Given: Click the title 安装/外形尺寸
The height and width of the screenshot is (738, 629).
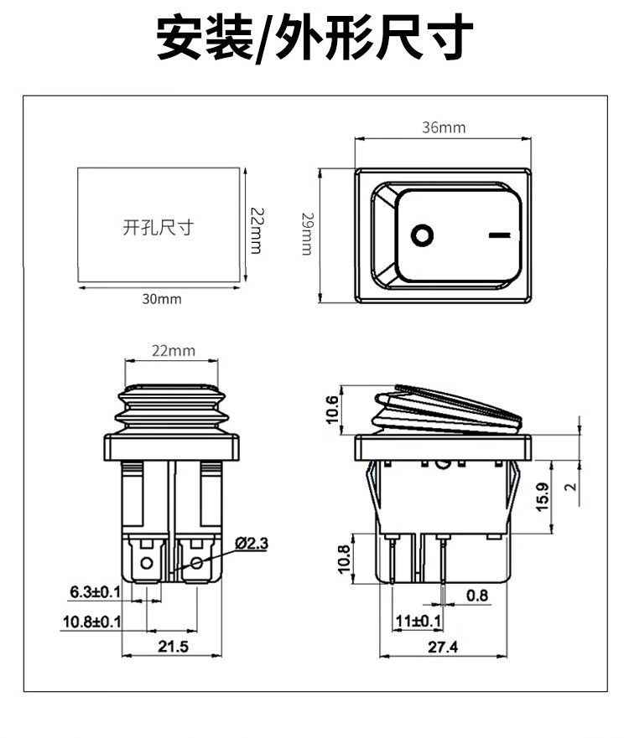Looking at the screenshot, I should (x=314, y=39).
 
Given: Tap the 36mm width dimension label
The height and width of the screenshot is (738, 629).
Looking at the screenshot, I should (x=443, y=127).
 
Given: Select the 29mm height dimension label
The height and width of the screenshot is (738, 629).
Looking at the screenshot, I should (x=308, y=235).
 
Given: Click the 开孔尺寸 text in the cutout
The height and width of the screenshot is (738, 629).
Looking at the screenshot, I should (x=158, y=227).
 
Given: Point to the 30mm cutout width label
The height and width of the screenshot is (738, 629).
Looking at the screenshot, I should (x=161, y=299).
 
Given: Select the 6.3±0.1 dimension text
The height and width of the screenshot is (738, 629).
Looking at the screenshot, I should (x=95, y=593).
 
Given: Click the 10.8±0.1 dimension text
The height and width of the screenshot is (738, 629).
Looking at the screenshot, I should (x=91, y=622).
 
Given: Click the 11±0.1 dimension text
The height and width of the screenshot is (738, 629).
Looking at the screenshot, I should (x=418, y=621).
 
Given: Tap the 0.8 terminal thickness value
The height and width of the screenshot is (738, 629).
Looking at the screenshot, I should (x=477, y=595).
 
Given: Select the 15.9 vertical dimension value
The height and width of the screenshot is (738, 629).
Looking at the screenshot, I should (x=543, y=498).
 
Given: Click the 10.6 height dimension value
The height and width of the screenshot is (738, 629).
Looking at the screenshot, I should (x=332, y=410).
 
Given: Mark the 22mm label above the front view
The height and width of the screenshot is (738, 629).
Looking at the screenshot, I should (x=174, y=351).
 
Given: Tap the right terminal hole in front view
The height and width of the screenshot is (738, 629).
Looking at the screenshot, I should (x=198, y=562).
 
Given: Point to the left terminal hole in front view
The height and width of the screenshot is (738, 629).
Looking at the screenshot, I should (x=148, y=562).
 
